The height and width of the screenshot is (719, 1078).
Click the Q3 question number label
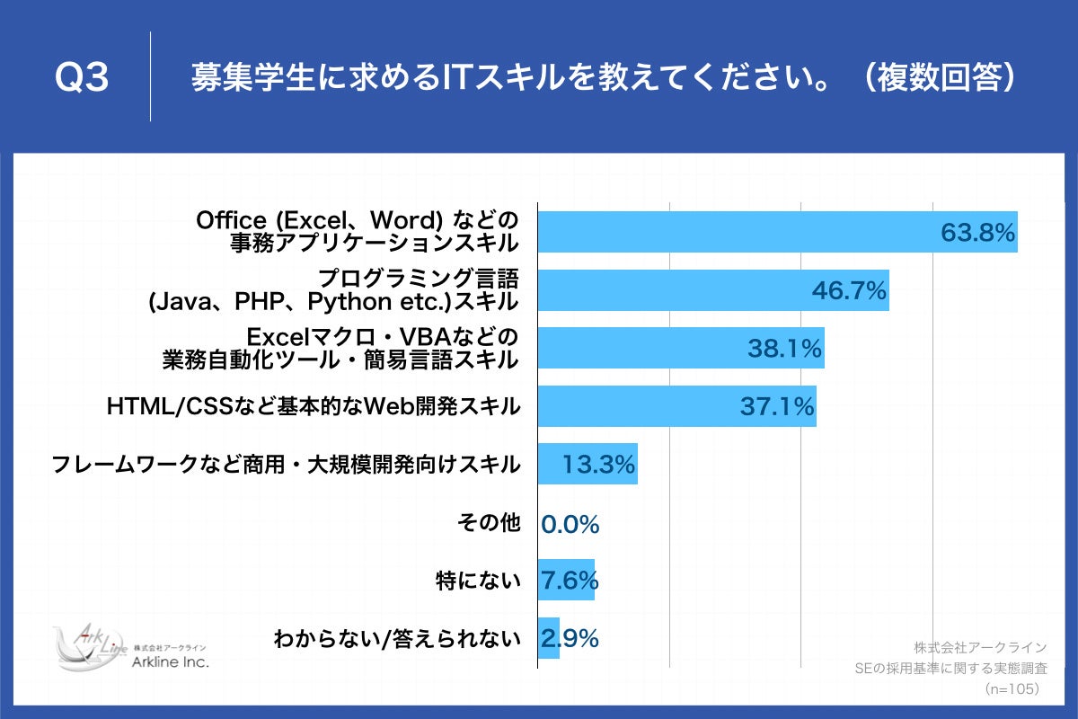pos(82,78)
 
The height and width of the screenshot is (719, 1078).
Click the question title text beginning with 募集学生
pos(603,78)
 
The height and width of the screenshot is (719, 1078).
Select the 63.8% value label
pos(977,233)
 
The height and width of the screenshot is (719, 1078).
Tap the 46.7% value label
pos(849,290)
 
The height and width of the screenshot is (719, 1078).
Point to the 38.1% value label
pos(784,349)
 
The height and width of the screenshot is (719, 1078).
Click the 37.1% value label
pos(777,407)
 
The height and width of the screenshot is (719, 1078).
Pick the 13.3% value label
pos(599,465)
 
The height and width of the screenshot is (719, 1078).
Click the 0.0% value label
pos(570,524)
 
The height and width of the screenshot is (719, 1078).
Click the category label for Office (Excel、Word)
pos(358,231)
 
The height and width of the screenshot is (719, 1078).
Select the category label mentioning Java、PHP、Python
pos(333,289)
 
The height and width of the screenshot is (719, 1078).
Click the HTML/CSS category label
pos(314,406)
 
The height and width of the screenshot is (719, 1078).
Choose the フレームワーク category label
pos(286,465)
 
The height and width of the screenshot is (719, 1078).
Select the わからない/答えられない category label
pos(397,639)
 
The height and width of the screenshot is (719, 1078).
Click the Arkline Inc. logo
pos(129,647)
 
